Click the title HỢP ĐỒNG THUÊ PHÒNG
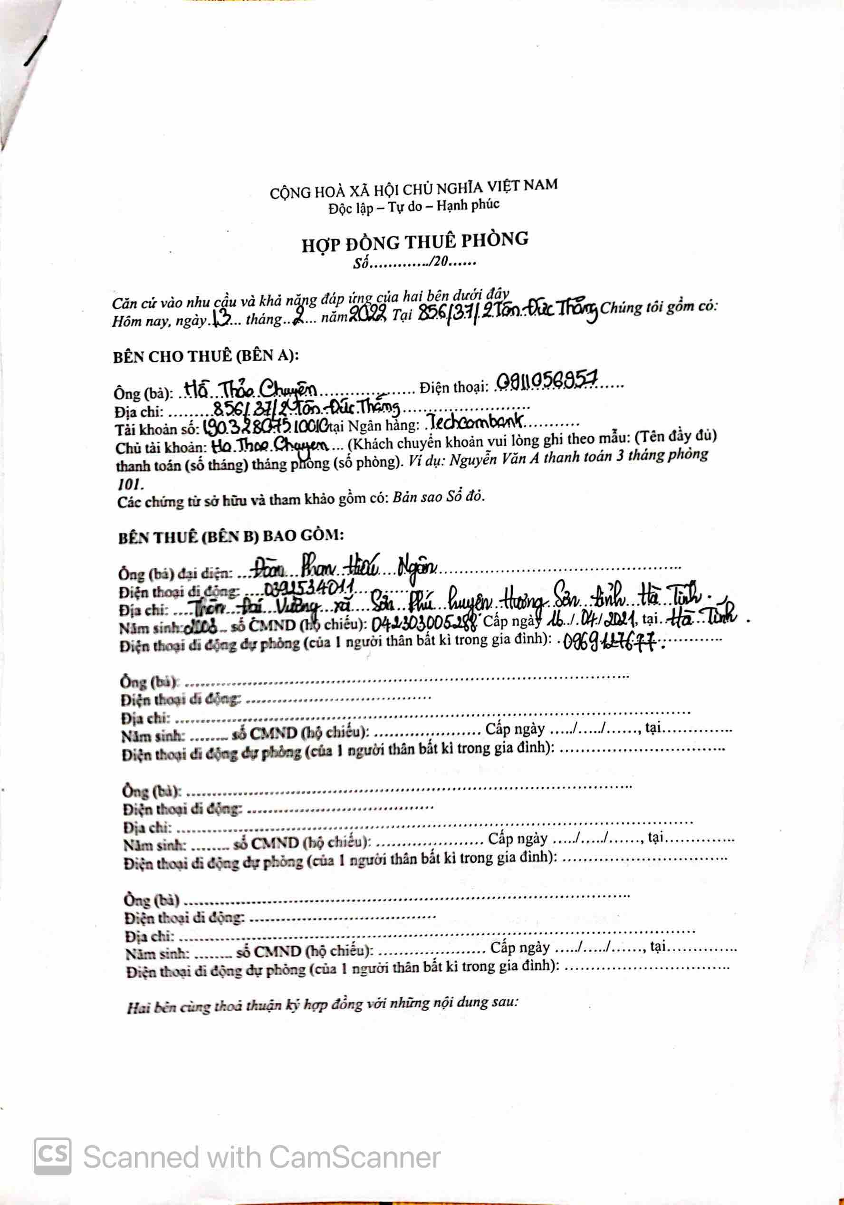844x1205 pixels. click(415, 242)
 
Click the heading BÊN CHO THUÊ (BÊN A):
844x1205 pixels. click(206, 356)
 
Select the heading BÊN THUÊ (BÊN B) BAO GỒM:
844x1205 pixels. click(231, 536)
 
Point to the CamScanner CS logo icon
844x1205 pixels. click(52, 1156)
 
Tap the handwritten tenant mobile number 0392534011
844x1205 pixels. click(310, 588)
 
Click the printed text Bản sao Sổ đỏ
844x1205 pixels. click(438, 497)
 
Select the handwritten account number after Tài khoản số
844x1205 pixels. click(265, 427)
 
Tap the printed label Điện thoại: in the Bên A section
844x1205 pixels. click(454, 387)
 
